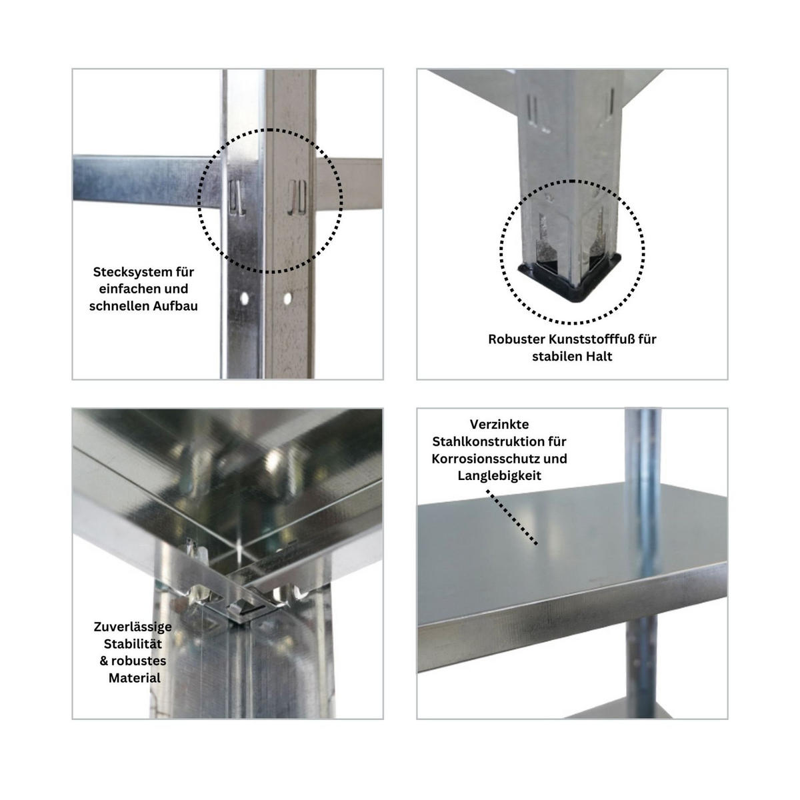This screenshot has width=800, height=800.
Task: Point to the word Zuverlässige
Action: pos(133,627)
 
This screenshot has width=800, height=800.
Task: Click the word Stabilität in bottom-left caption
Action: pos(133,644)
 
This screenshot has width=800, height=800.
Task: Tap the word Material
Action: pos(135,678)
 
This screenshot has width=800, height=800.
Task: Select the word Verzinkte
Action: pos(499,424)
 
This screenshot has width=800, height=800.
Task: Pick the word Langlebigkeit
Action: pos(499,476)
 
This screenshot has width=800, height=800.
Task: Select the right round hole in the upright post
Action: pos(288,296)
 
